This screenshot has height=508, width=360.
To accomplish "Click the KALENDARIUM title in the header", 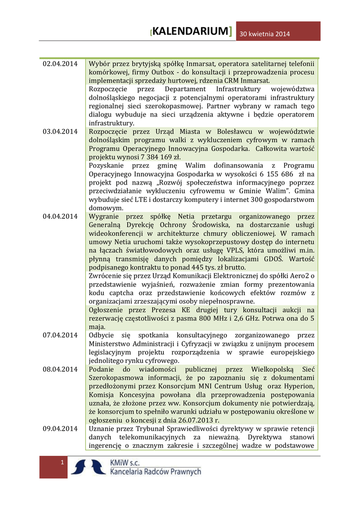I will tap(191, 32).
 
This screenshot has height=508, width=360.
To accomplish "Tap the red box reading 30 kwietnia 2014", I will tap(264, 34).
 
